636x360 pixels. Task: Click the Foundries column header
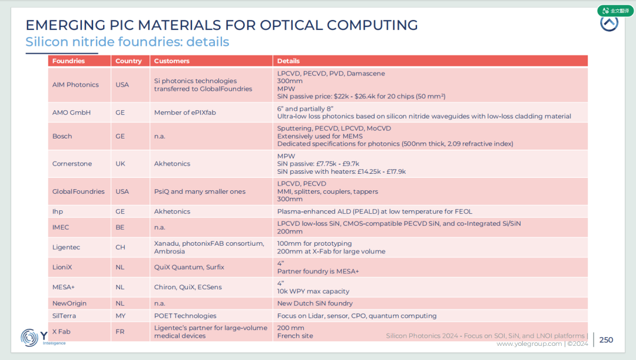pyautogui.click(x=68, y=61)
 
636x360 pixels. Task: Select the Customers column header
pyautogui.click(x=171, y=61)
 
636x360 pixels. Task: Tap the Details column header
pyautogui.click(x=288, y=61)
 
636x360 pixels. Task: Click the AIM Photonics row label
pyautogui.click(x=75, y=85)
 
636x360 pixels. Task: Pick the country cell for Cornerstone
pyautogui.click(x=121, y=164)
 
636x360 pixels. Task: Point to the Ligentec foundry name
pyautogui.click(x=66, y=247)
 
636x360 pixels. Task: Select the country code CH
pyautogui.click(x=121, y=247)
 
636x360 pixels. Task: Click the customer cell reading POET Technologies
pyautogui.click(x=185, y=316)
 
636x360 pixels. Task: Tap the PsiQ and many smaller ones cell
pyautogui.click(x=200, y=191)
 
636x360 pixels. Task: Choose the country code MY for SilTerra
pyautogui.click(x=121, y=316)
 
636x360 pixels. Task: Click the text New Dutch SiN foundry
pyautogui.click(x=314, y=303)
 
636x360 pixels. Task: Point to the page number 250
pyautogui.click(x=606, y=340)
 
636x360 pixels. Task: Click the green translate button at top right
pyautogui.click(x=615, y=11)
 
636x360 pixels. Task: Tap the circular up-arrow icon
pyautogui.click(x=609, y=23)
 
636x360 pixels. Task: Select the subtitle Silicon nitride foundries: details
pyautogui.click(x=127, y=42)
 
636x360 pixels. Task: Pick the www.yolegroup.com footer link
pyautogui.click(x=529, y=344)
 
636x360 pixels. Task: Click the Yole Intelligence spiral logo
pyautogui.click(x=29, y=338)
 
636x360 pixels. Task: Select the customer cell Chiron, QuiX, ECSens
pyautogui.click(x=188, y=288)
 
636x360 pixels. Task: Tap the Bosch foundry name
pyautogui.click(x=62, y=136)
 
